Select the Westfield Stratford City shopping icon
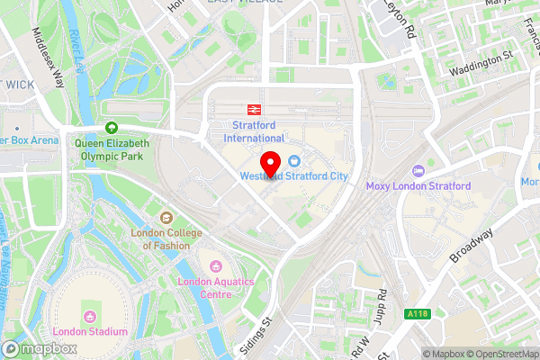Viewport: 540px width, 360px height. (x=294, y=159)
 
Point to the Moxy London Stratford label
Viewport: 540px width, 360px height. (x=418, y=186)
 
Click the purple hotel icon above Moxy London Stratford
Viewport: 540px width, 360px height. (x=418, y=171)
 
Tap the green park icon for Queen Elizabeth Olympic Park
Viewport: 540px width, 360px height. (x=112, y=128)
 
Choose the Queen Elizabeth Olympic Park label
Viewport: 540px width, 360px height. (x=112, y=148)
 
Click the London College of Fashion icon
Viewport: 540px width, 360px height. (x=166, y=217)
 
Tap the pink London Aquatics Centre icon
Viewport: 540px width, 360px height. (x=216, y=266)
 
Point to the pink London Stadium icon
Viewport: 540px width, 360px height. (x=89, y=316)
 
